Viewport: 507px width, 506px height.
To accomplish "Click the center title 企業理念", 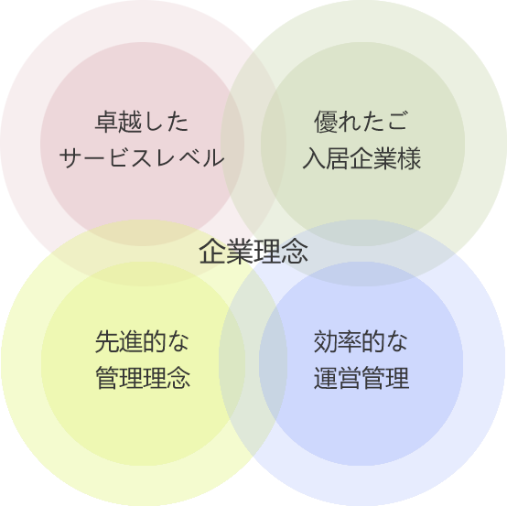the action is (x=253, y=252).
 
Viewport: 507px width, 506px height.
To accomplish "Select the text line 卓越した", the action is (x=142, y=122).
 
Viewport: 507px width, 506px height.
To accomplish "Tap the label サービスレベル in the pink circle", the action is (x=142, y=157).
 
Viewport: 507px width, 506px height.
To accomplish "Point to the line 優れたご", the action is (x=361, y=122).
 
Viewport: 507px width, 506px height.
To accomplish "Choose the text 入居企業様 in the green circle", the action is (x=361, y=158).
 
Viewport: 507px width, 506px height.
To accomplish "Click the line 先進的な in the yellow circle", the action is (x=142, y=341).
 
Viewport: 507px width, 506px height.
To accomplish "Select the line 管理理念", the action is (x=143, y=378).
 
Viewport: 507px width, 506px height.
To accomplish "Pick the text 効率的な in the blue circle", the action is (x=361, y=341).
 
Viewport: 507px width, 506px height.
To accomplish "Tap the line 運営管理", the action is (x=361, y=378).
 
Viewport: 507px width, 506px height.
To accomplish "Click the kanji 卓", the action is (x=106, y=122).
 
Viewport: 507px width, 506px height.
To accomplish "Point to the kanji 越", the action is (x=130, y=122).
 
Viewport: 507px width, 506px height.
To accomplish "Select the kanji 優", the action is (x=326, y=122).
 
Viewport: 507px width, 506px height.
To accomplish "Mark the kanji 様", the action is (x=410, y=158).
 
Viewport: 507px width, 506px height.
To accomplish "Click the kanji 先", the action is (x=107, y=341).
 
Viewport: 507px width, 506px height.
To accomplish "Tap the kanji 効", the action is (x=325, y=341).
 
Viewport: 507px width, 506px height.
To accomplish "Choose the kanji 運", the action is (x=325, y=378).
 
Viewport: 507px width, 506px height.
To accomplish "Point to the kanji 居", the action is (x=338, y=158).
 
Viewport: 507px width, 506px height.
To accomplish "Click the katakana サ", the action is (x=70, y=157).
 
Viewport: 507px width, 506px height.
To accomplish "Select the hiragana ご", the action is (x=397, y=122).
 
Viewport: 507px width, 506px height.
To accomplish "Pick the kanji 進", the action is (x=130, y=341).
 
